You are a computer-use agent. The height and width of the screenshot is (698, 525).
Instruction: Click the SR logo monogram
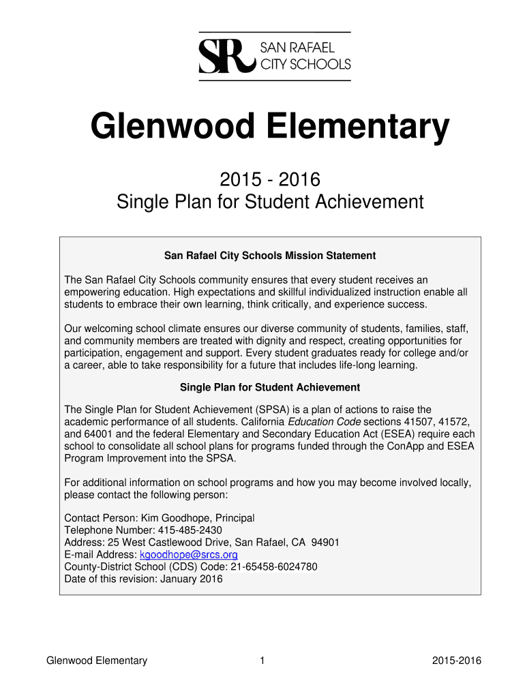(225, 56)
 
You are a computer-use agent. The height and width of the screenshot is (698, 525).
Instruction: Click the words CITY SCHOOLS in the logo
(306, 65)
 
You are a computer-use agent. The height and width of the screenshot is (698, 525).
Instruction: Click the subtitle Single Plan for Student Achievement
(270, 202)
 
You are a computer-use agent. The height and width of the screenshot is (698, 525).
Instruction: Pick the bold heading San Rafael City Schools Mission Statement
(270, 256)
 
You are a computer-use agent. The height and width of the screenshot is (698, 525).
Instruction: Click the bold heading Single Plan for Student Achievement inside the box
(270, 387)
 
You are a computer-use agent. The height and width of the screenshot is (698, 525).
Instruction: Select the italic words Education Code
(324, 422)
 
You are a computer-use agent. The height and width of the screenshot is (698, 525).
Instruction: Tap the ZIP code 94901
(325, 543)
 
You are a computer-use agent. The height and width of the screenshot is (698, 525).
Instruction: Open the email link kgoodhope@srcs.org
(188, 555)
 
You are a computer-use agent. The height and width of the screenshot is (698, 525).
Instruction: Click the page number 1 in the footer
(262, 661)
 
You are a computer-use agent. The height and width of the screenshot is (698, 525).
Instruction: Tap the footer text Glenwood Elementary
(96, 661)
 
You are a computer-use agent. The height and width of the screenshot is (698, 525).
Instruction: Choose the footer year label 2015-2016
(457, 661)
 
